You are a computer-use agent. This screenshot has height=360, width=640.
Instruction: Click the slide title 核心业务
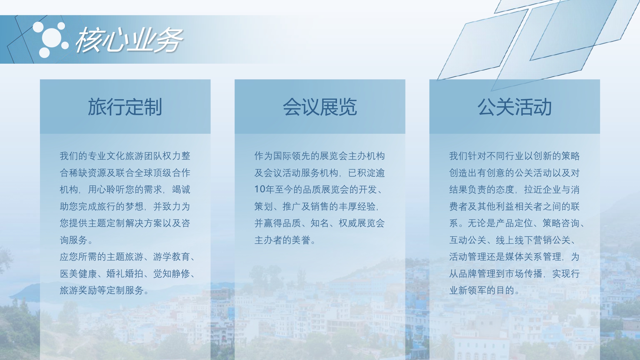[129, 40]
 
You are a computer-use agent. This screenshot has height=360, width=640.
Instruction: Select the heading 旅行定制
[125, 107]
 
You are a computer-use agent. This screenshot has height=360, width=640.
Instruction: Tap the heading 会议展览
[320, 107]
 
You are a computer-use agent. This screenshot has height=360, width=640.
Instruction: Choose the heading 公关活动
[515, 107]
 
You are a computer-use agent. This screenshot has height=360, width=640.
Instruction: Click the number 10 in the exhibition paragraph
[260, 189]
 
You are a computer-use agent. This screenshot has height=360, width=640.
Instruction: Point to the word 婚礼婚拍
[125, 274]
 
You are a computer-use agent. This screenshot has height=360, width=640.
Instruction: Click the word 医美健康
[78, 274]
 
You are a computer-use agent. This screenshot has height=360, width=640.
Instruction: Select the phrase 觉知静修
[172, 274]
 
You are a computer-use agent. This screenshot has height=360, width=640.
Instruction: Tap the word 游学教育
[172, 257]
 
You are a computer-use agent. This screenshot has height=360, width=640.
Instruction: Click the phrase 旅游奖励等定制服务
[102, 290]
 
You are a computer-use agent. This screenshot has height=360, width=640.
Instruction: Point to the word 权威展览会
[362, 223]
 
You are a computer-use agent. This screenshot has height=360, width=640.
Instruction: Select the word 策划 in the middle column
[264, 206]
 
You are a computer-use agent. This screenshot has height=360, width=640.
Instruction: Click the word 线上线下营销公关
[533, 240]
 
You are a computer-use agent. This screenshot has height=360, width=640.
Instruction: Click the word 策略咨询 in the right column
[561, 223]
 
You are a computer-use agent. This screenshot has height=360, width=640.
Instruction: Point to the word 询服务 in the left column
[74, 240]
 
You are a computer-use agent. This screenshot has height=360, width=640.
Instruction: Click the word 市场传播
[524, 274]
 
